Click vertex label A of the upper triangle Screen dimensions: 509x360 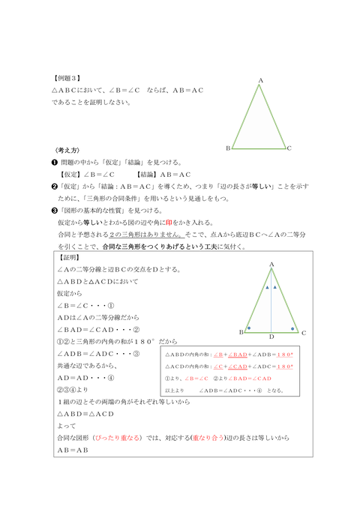tap(260, 79)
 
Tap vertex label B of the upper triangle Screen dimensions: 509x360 tap(228, 148)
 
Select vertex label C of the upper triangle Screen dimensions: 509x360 tap(289, 148)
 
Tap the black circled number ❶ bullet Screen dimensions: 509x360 tap(54, 162)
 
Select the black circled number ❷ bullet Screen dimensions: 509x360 tap(54, 185)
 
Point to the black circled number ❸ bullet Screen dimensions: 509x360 tap(54, 210)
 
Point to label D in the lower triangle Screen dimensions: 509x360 tap(271, 337)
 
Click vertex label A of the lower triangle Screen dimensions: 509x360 tap(271, 264)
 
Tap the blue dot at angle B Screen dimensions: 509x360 tap(249, 328)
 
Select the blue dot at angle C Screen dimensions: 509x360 tap(292, 328)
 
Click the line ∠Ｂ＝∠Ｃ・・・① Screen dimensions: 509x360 tap(85, 306)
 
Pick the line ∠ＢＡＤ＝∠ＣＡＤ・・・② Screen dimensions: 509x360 tap(98, 330)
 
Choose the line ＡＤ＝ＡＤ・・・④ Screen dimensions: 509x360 tap(85, 378)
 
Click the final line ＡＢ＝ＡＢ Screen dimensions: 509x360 tap(73, 450)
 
